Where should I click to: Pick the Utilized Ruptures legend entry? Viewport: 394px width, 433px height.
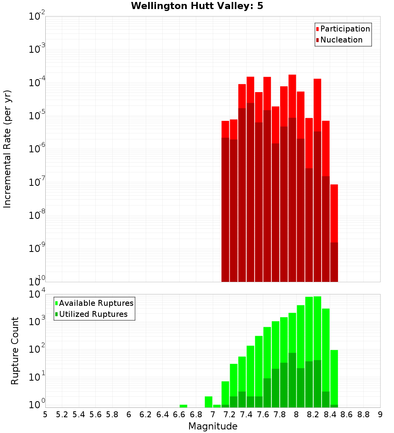coord(93,314)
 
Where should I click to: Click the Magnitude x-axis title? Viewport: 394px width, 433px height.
coord(213,426)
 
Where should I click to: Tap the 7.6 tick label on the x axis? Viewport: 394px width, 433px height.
coord(263,414)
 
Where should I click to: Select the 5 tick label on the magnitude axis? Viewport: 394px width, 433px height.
coord(45,414)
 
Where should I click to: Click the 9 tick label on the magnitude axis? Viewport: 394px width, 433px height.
coord(380,414)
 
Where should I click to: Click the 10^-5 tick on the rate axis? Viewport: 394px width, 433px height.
coord(36,116)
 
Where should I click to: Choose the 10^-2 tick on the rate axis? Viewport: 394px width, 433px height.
coord(36,17)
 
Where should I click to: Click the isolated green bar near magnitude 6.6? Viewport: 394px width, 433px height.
coord(183,406)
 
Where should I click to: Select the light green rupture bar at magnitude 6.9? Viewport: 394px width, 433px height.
coord(208,402)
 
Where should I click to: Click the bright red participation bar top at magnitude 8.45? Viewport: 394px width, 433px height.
coord(334,213)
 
